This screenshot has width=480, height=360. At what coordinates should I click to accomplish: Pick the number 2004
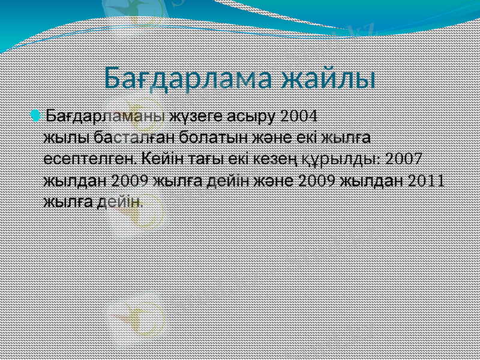pyautogui.click(x=299, y=115)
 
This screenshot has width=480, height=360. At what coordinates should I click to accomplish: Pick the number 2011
pyautogui.click(x=425, y=181)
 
